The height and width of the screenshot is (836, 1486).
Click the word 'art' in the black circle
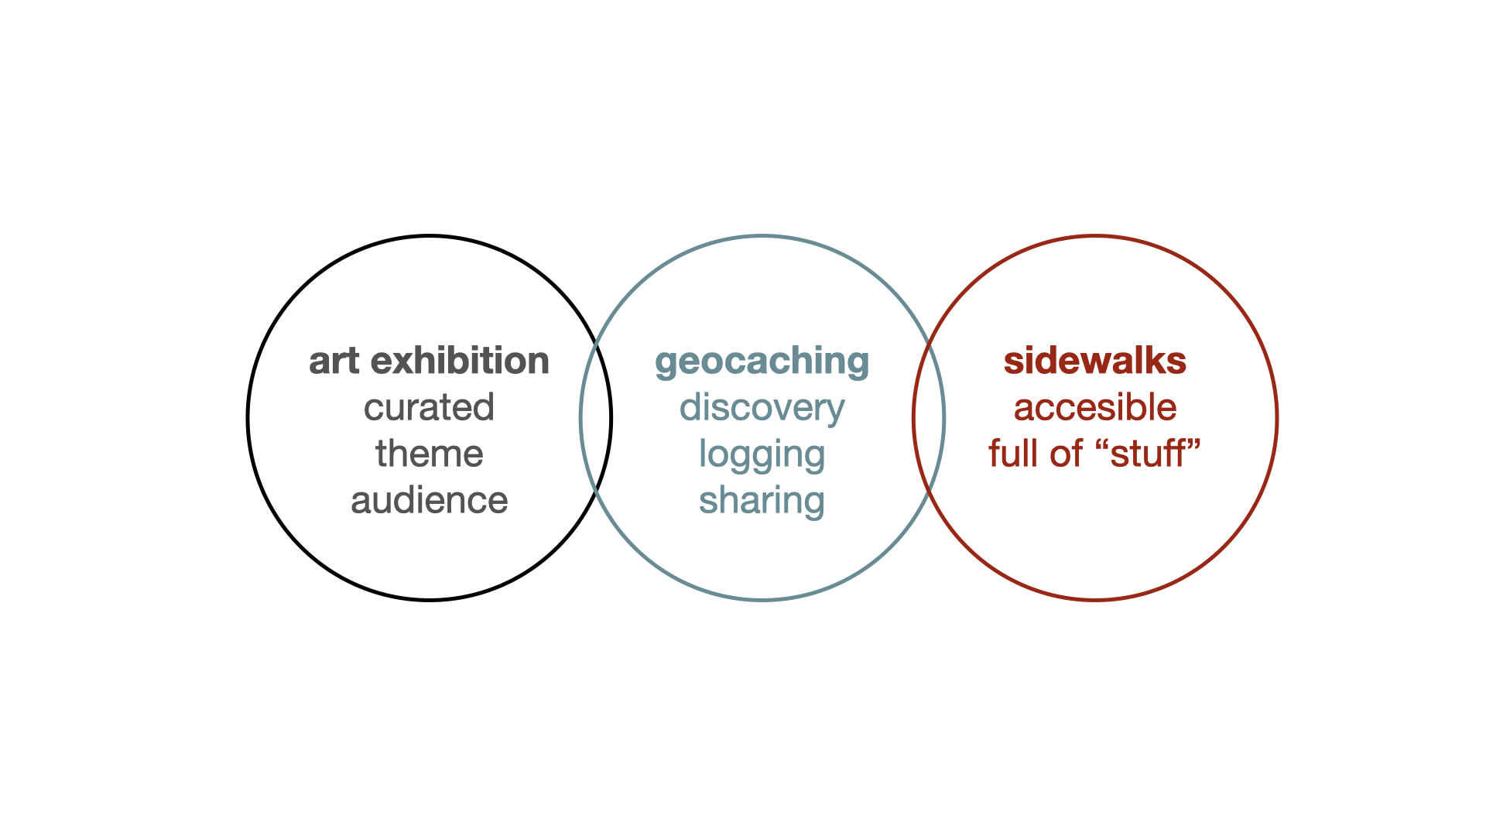point(334,361)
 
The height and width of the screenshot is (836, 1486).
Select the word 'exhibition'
point(460,361)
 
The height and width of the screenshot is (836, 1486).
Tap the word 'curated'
point(429,408)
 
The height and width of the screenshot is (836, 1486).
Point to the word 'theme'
point(429,454)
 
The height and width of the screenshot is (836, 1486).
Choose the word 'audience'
point(429,501)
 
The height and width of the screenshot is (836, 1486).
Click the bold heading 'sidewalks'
point(1094,361)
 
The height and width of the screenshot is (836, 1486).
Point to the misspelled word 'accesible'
point(1094,408)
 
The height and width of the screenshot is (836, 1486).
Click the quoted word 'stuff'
point(1149,454)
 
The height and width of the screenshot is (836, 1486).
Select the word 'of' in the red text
point(1066,454)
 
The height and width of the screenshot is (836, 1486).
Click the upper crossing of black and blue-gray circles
point(596,344)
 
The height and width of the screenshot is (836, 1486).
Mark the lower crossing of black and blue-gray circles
point(596,492)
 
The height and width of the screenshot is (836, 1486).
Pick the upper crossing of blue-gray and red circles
point(929,344)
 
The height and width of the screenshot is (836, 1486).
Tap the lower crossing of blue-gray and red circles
point(929,492)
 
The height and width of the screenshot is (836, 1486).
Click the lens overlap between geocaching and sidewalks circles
point(929,418)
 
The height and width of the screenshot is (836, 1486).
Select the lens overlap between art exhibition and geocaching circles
point(596,418)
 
